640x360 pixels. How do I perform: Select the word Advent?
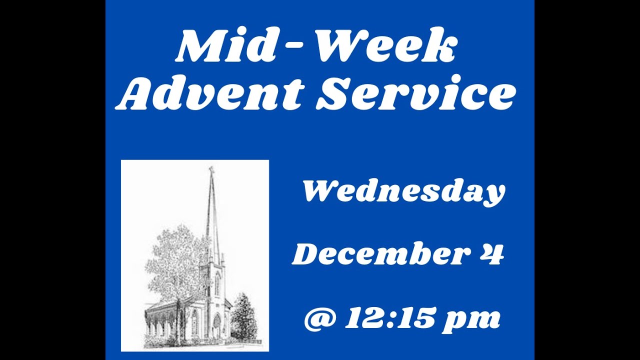210,93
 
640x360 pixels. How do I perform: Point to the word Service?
415,93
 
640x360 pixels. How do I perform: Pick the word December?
377,254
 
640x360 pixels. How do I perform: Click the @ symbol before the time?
320,319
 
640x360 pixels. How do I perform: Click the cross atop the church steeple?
211,170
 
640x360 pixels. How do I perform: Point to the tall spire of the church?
212,215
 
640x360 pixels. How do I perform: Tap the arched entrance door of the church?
217,325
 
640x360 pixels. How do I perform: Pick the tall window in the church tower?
217,284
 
